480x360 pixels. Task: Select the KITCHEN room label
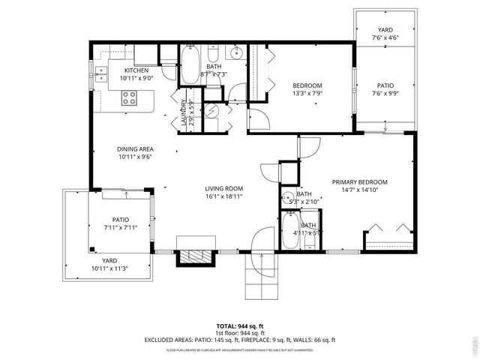(x=136, y=70)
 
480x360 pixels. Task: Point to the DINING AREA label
(x=136, y=149)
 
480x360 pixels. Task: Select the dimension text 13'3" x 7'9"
(x=307, y=94)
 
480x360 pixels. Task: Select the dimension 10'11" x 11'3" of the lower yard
(x=109, y=268)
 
